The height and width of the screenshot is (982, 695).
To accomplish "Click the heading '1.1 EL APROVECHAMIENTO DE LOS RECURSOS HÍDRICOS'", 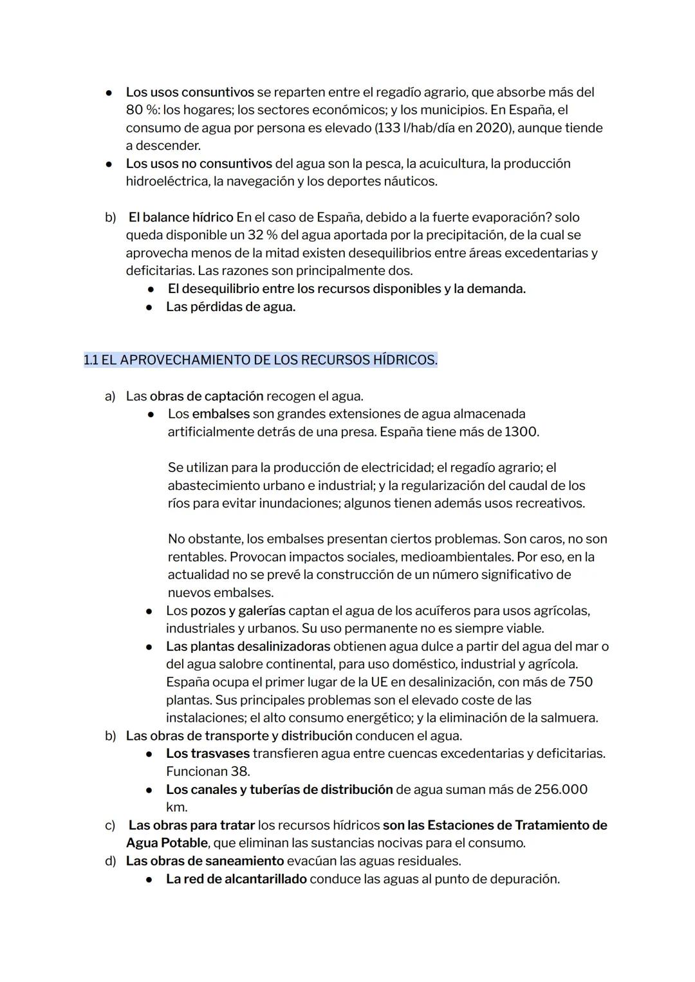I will click(x=260, y=360).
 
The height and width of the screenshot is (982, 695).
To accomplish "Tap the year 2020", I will click(x=492, y=128).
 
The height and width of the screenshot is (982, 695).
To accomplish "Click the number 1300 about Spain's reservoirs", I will click(x=521, y=431).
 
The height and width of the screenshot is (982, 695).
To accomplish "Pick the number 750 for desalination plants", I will click(x=580, y=682).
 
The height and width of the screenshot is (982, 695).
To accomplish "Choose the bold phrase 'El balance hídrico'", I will click(x=181, y=217).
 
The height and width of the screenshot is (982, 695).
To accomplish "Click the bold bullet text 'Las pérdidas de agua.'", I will click(x=230, y=307).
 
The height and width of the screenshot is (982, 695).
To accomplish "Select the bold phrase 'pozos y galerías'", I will click(x=237, y=610).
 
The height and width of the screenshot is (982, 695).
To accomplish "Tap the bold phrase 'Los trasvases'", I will click(x=207, y=753).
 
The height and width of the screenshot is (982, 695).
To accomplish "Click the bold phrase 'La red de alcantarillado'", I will click(x=236, y=879).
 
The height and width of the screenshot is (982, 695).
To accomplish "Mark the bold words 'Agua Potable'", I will click(x=167, y=843).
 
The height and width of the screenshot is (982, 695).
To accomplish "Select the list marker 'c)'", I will click(x=110, y=825).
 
